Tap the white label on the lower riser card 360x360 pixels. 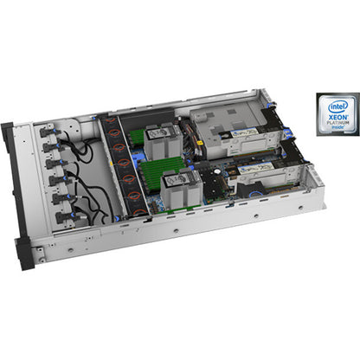coord(260,173)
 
